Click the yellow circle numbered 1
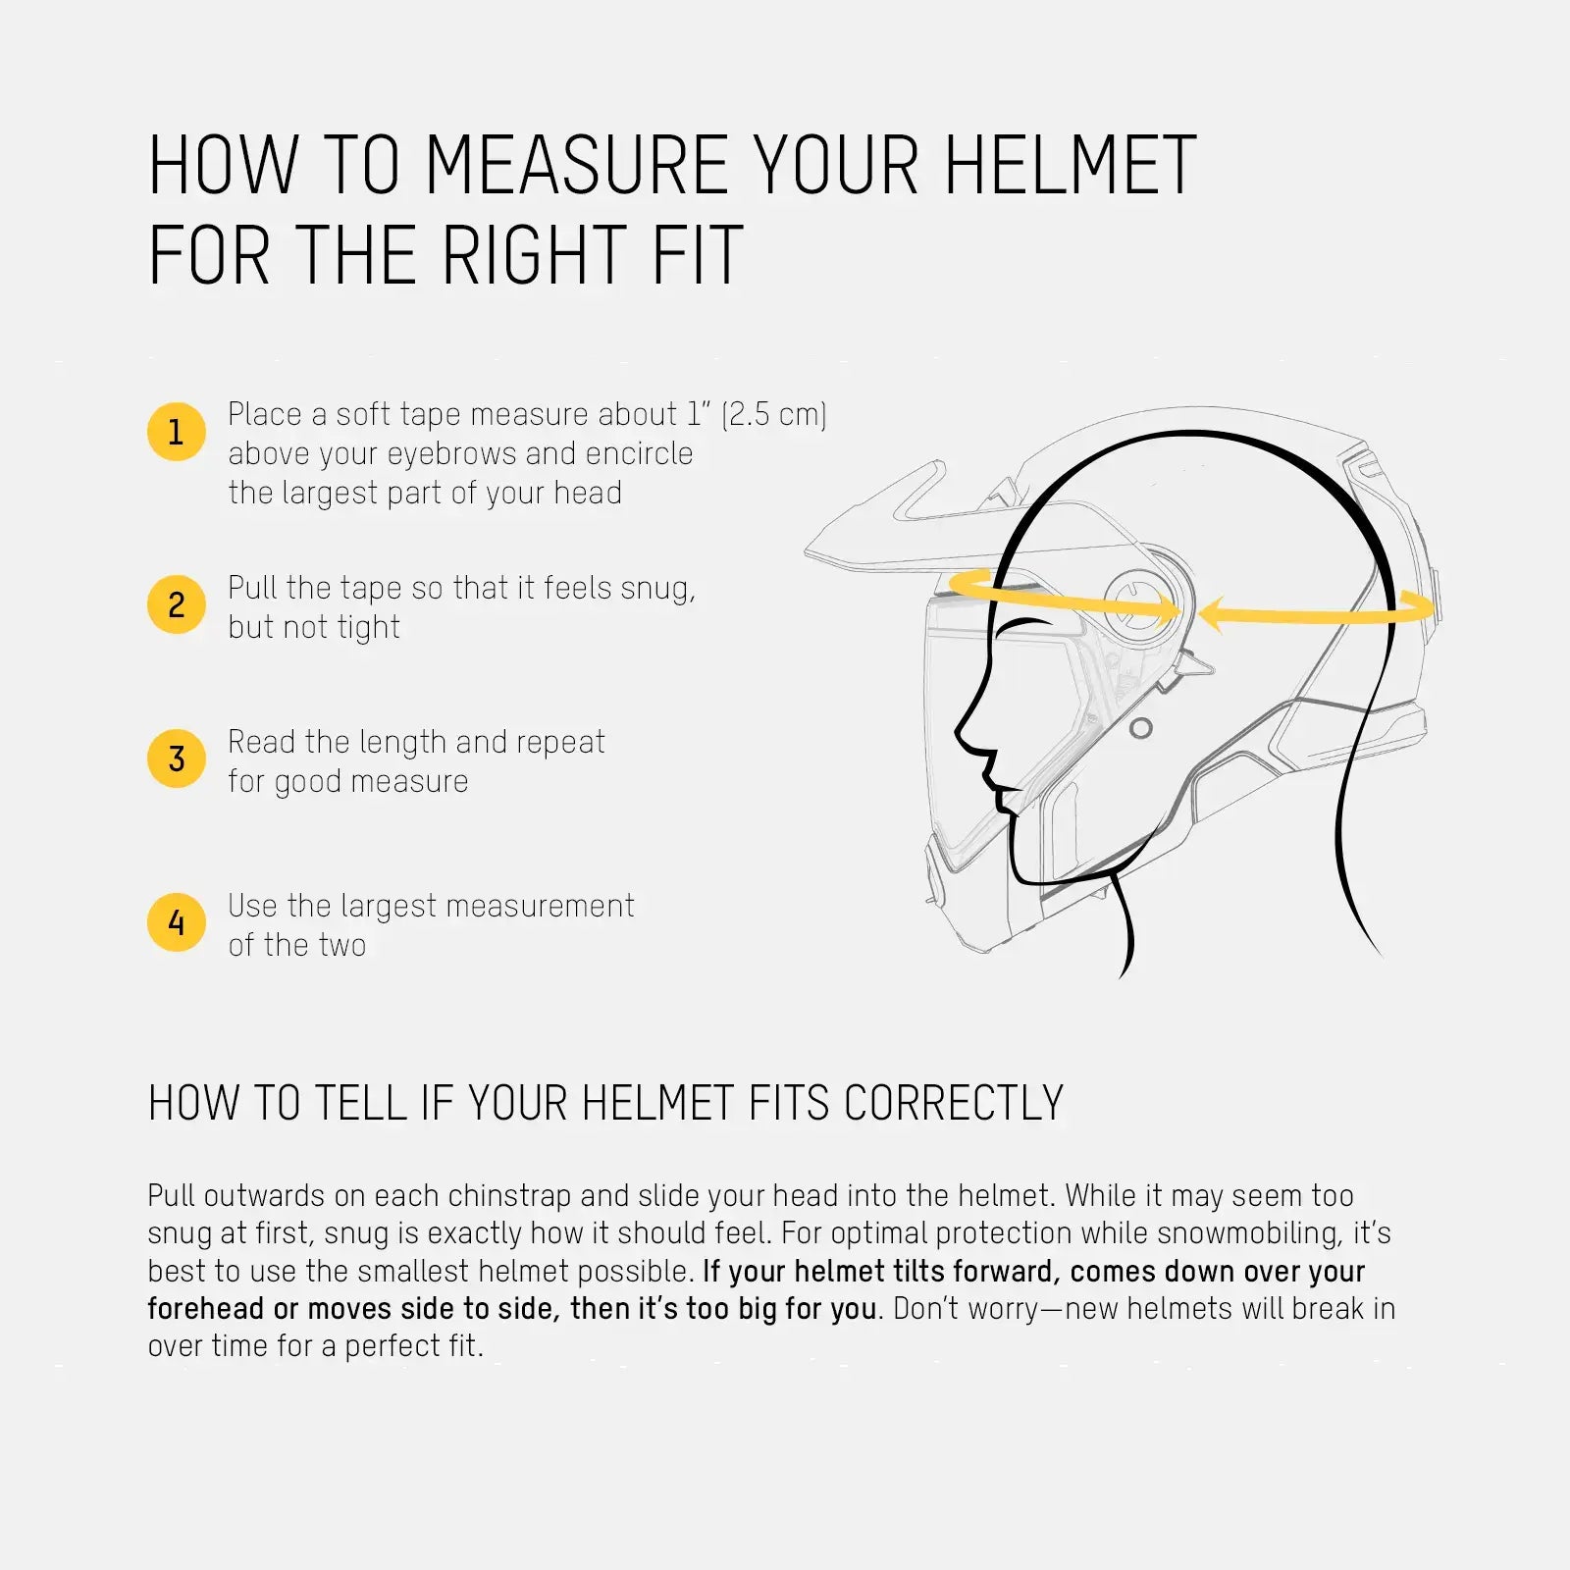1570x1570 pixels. pyautogui.click(x=176, y=432)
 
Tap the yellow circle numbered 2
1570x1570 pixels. pyautogui.click(x=176, y=604)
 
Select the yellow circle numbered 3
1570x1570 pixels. pyautogui.click(x=176, y=759)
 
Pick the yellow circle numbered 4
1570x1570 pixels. pyautogui.click(x=176, y=922)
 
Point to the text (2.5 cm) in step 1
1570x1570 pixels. pyautogui.click(x=774, y=414)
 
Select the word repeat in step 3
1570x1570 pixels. pyautogui.click(x=560, y=742)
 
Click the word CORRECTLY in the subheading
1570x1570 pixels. pyautogui.click(x=953, y=1104)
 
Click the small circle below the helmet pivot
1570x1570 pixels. pyautogui.click(x=1140, y=728)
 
